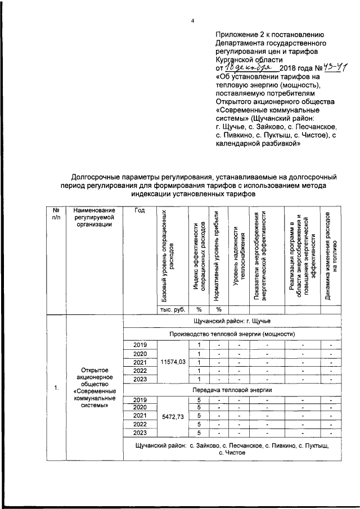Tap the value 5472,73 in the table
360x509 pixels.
point(173,417)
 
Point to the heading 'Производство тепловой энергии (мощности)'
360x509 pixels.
point(232,334)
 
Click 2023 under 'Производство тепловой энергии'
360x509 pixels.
point(140,380)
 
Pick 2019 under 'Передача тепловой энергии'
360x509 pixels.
point(140,399)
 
